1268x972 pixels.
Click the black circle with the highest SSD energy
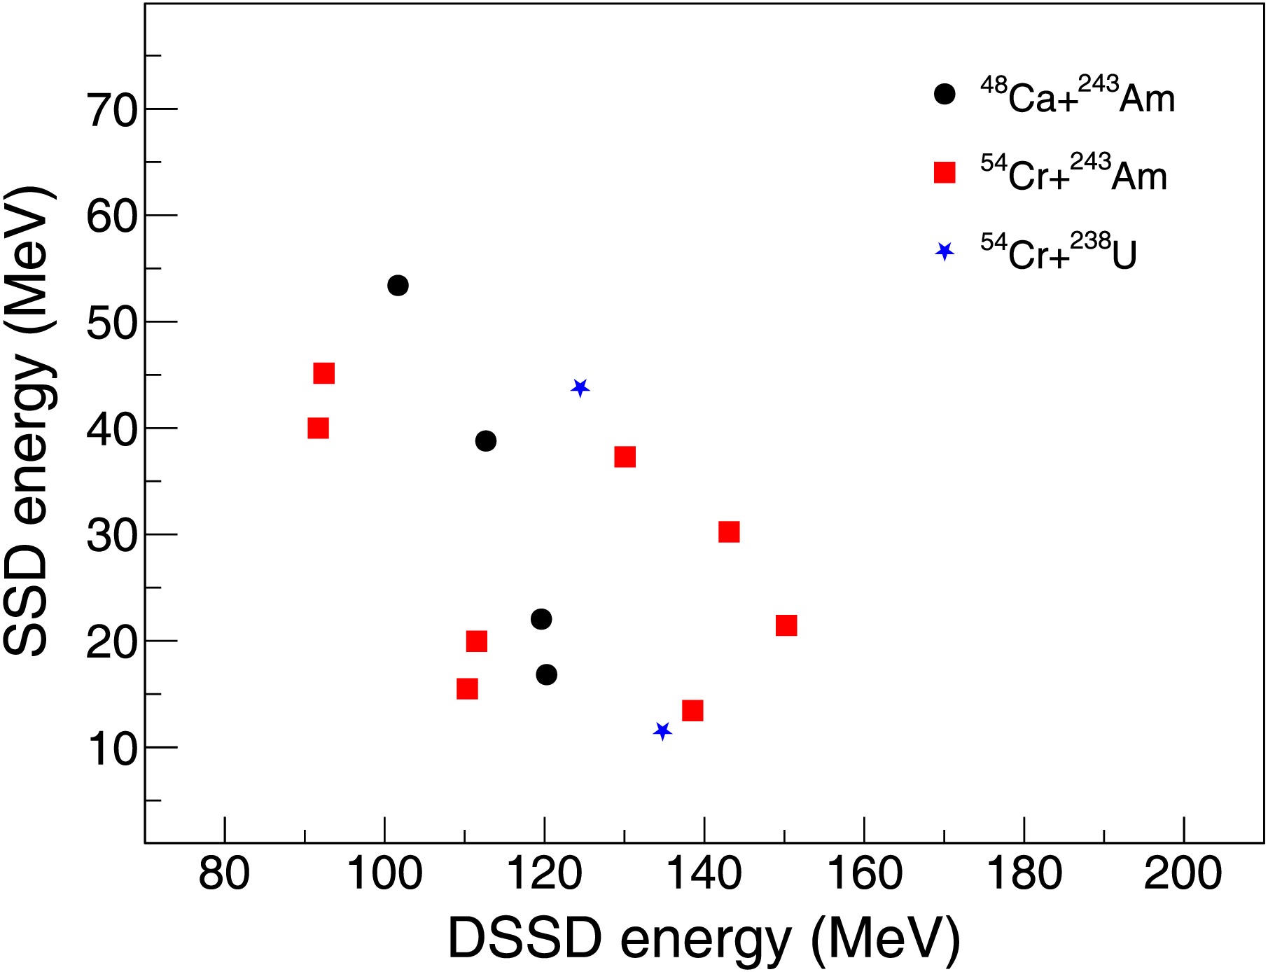coord(398,286)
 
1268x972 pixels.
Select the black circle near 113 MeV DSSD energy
coord(486,441)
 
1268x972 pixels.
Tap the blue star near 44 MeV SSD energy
coord(580,388)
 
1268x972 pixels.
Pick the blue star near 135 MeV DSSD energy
coord(662,731)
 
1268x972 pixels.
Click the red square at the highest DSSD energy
coord(786,625)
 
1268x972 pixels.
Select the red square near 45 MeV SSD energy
coord(323,373)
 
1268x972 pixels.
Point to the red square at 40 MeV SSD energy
coord(318,429)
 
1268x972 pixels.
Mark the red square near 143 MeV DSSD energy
coord(729,532)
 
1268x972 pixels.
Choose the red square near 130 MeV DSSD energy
coord(625,457)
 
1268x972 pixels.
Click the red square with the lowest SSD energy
coord(692,711)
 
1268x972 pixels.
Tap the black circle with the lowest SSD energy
coord(547,675)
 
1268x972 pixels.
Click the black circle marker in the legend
coord(945,95)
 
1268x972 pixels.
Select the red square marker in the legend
coord(945,172)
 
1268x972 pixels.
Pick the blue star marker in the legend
coord(945,251)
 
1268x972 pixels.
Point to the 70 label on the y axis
coord(112,111)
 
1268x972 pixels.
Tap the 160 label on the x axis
coord(865,875)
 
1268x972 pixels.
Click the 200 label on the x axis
coord(1183,875)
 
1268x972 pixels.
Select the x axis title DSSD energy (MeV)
coord(704,938)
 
